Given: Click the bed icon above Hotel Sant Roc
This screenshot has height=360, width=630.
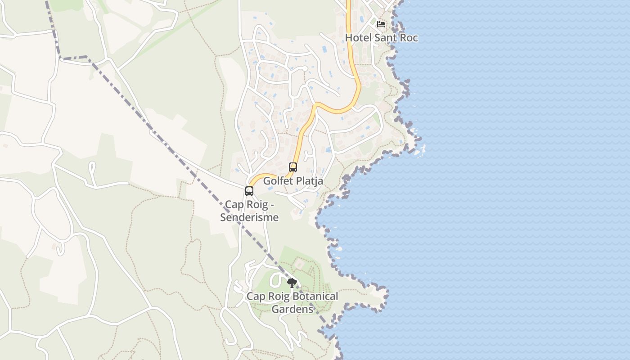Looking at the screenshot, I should tap(381, 24).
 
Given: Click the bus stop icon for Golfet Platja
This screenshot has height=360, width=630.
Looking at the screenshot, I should tap(293, 167).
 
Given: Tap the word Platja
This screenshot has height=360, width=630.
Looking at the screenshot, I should tap(309, 181).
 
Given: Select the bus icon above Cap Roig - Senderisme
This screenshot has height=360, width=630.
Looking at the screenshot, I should tap(249, 191).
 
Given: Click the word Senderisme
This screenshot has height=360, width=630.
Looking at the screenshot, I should tap(249, 218).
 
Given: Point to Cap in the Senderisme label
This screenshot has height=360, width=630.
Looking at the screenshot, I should tap(234, 205).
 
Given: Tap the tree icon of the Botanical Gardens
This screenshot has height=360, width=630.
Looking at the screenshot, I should tap(292, 283).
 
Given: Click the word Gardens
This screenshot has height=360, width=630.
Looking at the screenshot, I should tap(292, 309).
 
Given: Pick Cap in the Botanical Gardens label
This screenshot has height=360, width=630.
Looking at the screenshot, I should tap(256, 297).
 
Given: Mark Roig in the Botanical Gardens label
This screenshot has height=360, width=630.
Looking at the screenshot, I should tap(278, 297).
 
